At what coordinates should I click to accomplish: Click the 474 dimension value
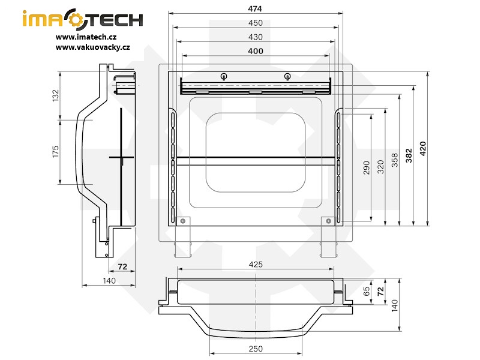255,9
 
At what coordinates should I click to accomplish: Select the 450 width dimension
255,23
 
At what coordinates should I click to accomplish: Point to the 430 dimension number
255,37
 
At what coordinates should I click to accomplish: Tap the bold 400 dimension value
255,51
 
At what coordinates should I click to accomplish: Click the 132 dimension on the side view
55,95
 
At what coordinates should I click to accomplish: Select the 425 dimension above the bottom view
255,265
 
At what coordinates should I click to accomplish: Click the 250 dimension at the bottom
255,349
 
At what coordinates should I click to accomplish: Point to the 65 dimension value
367,292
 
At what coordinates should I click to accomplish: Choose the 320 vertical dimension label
380,167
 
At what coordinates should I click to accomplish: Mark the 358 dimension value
395,160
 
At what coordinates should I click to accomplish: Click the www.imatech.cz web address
86,37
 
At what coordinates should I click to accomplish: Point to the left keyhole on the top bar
223,76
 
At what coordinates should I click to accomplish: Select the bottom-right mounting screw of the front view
329,221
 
